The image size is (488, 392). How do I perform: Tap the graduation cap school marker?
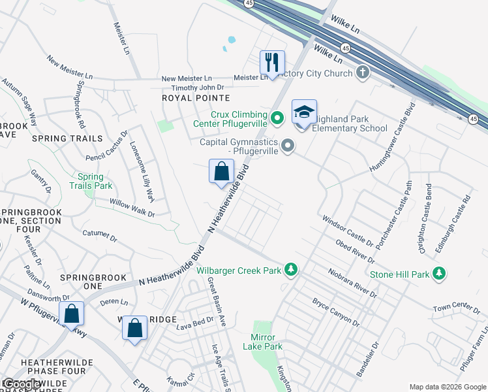(304, 112)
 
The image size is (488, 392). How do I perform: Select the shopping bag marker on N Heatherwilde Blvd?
(222, 172)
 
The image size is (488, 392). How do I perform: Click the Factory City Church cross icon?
(362, 73)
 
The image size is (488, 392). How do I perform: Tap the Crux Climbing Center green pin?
(277, 118)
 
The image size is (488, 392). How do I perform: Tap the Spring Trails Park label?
(91, 181)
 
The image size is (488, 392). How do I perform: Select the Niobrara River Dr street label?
(353, 282)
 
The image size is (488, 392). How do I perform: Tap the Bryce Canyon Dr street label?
(336, 313)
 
